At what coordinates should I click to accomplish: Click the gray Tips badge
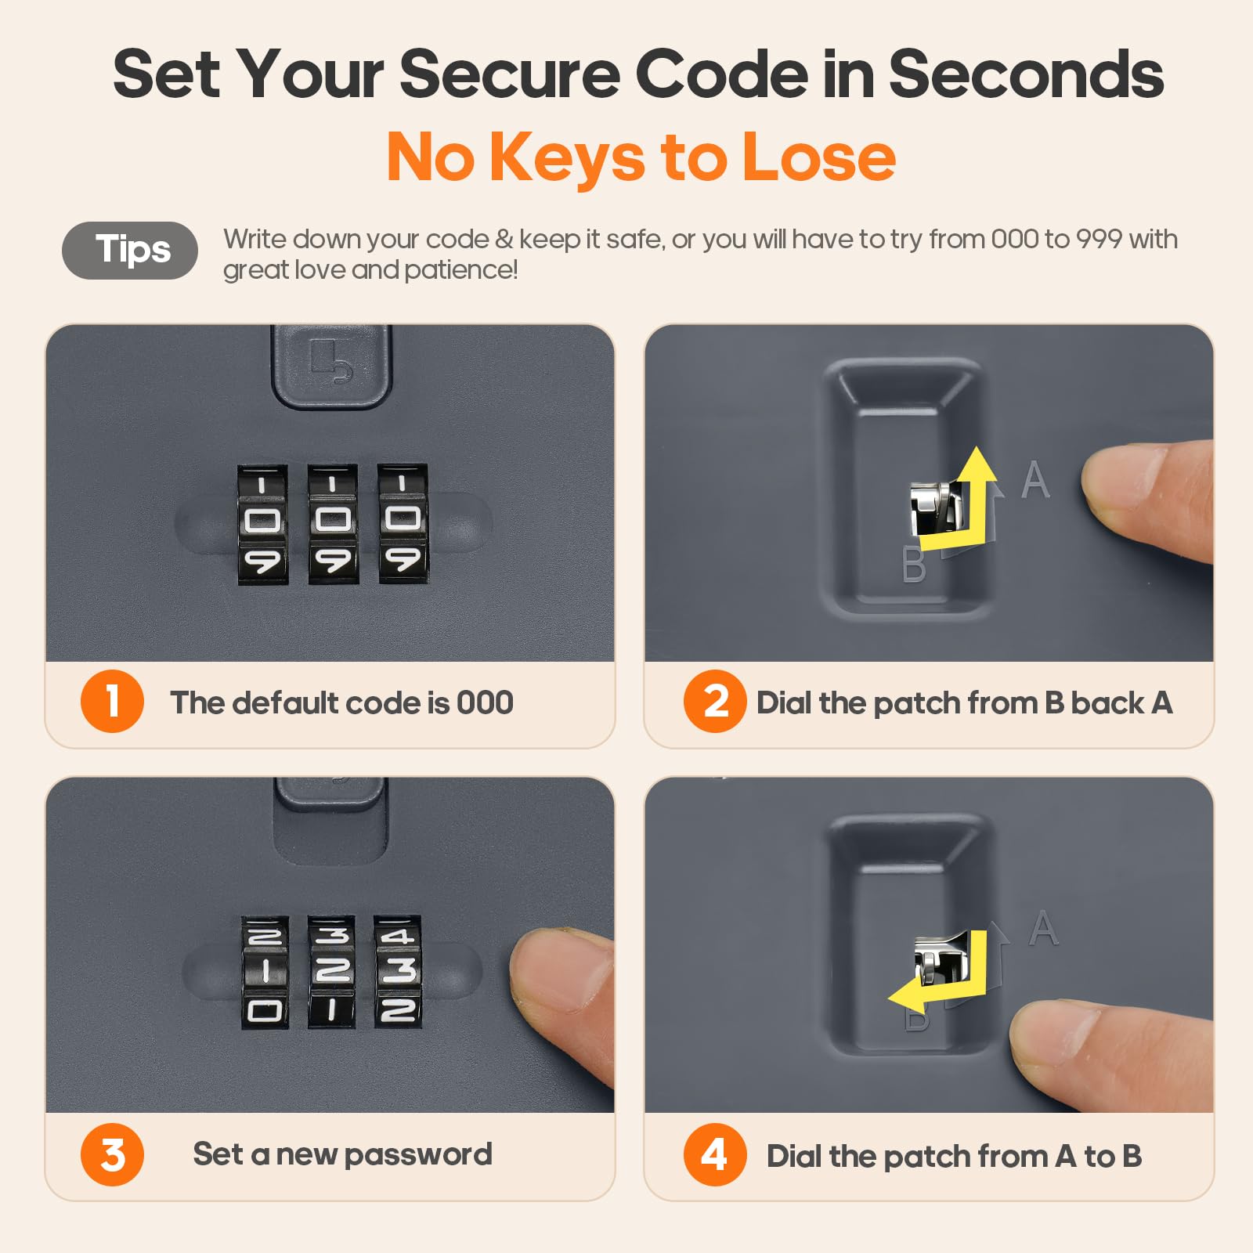(x=130, y=251)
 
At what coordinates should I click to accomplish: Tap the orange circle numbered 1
(x=112, y=701)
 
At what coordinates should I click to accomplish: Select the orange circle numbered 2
(x=714, y=701)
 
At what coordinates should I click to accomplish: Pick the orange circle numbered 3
(x=112, y=1154)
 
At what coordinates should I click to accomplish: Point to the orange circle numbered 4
(x=714, y=1154)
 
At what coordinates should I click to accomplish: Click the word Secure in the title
(x=510, y=74)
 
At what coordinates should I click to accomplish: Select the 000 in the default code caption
(x=485, y=702)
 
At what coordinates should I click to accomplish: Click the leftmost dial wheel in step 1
(x=262, y=524)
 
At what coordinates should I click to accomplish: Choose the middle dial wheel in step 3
(x=331, y=971)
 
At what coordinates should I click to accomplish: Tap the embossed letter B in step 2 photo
(x=913, y=565)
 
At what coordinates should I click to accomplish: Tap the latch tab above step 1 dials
(x=331, y=367)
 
